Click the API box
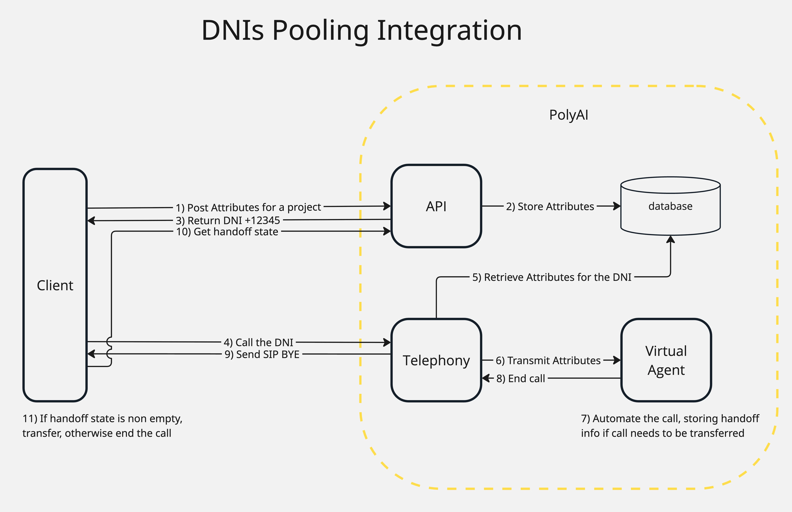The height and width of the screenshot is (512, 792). point(436,206)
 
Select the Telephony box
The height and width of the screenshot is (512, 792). point(436,360)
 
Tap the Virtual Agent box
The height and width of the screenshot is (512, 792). point(666,360)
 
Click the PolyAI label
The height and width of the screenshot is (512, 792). point(569,115)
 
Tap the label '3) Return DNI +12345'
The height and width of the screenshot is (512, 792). point(228,220)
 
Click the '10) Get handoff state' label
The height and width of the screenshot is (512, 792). point(227,232)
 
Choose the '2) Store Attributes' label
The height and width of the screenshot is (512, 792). point(550,206)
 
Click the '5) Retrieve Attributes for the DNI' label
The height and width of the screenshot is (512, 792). point(552,277)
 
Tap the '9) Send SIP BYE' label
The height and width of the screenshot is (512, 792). point(262,354)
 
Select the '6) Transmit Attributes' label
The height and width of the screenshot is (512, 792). point(548,360)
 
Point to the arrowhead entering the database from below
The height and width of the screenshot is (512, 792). point(670,239)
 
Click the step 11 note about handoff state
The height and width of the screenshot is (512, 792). point(102,425)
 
